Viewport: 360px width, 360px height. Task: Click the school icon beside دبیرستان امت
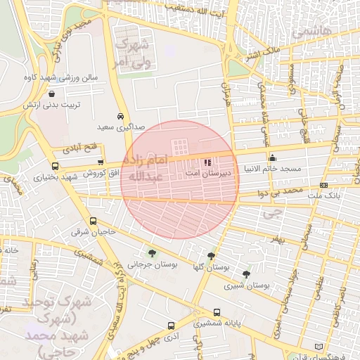pos(207,163)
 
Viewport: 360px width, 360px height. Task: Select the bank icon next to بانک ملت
pos(323,185)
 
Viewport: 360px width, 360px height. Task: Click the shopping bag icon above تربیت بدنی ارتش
pos(52,94)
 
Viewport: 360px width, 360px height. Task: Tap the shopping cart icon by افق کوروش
pos(101,162)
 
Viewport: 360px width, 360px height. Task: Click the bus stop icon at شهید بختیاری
pos(56,167)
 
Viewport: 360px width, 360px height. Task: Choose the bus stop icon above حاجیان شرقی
pos(94,220)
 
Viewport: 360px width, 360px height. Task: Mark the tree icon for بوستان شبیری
pos(245,274)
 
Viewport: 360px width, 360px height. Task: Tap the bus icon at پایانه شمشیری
pos(171,326)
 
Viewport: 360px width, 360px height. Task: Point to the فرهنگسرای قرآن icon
pos(321,347)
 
